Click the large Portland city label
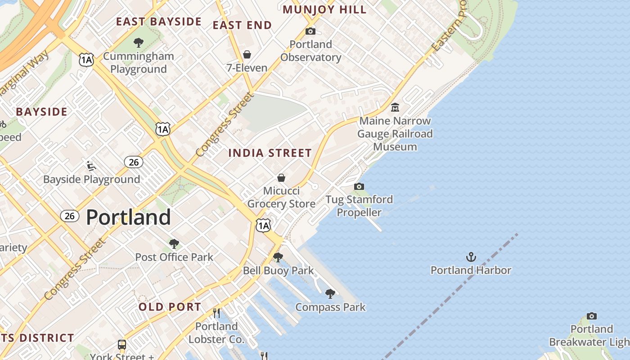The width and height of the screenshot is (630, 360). coord(128,217)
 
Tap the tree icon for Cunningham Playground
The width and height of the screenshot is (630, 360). coord(139,43)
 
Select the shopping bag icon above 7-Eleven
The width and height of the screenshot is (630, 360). coord(247,55)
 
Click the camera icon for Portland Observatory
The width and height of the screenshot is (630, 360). coord(310,31)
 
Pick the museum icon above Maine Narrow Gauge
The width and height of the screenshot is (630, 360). coord(395,107)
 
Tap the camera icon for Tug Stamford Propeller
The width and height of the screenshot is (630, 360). coord(359,186)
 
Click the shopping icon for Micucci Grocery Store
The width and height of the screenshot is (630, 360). coord(281,178)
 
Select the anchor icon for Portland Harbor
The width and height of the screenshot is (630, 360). coord(471,257)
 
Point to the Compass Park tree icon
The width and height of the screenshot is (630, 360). coord(330,294)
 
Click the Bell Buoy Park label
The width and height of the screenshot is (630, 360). coord(278,270)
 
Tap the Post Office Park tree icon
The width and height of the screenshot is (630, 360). coord(174,244)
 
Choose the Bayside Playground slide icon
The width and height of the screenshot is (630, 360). coord(91,166)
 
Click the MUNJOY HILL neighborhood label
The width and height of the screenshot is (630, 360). coord(324,9)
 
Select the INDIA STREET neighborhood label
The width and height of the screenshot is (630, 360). coord(270,153)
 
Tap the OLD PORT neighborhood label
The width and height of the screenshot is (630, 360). coord(170,307)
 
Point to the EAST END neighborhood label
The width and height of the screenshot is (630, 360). coord(242,25)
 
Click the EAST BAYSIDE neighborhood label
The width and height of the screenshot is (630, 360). coord(159,22)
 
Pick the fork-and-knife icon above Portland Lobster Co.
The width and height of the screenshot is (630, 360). coord(216,313)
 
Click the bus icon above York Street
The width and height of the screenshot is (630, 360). coord(122,345)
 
